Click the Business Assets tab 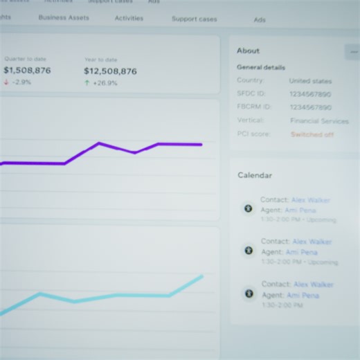(x=64, y=18)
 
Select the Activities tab (x=129, y=19)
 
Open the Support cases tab (x=194, y=19)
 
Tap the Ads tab (x=260, y=20)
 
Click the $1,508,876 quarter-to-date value (x=27, y=71)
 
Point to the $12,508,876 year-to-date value (x=110, y=71)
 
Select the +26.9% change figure (x=105, y=83)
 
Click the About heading (x=248, y=51)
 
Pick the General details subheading (x=261, y=68)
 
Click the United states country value (x=309, y=81)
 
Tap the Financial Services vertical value (x=319, y=121)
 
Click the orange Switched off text (x=312, y=134)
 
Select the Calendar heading (x=255, y=176)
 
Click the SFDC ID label (x=251, y=94)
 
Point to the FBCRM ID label (x=254, y=107)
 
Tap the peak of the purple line (x=99, y=143)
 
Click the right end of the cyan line (x=203, y=276)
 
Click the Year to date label (x=101, y=60)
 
